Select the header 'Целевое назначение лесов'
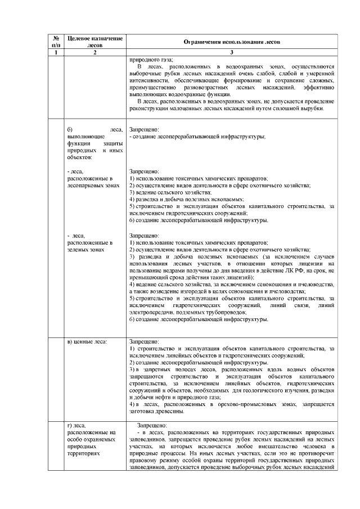[x=94, y=40]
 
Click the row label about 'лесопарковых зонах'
[x=93, y=178]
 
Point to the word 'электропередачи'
[x=151, y=312]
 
